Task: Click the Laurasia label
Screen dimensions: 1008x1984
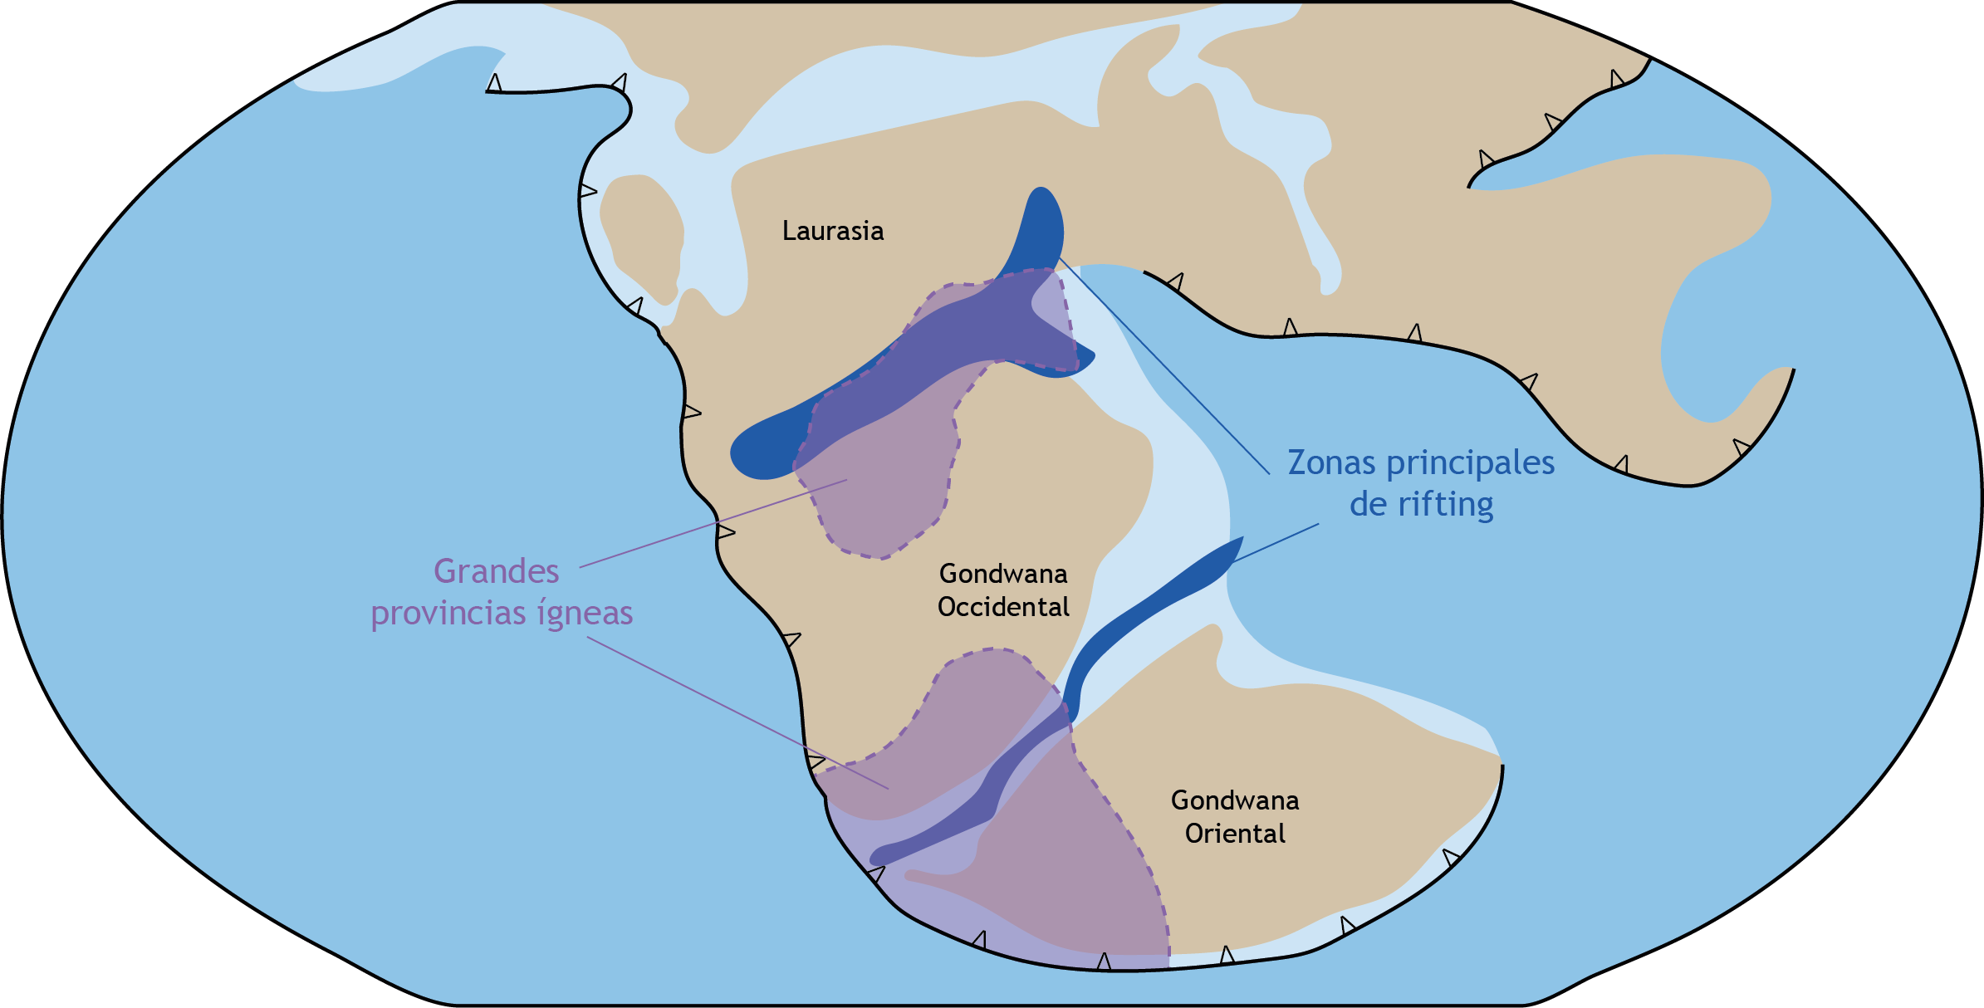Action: point(832,231)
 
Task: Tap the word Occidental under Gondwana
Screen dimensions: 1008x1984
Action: point(1003,607)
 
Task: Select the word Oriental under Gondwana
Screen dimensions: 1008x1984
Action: point(1235,834)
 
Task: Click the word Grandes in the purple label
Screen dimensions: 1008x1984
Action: point(496,571)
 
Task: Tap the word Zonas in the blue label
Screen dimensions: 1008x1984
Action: point(1331,462)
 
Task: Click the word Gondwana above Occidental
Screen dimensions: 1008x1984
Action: point(1003,574)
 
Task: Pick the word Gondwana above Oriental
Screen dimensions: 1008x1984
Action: point(1235,800)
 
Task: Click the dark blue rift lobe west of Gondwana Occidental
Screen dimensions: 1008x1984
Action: point(764,448)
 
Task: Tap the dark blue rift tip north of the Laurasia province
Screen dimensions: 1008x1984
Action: point(1041,224)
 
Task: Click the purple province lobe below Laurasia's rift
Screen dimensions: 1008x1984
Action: point(880,490)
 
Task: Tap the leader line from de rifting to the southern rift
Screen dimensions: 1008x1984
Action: point(1275,543)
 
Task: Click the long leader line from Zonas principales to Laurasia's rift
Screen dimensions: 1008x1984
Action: point(1163,365)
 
